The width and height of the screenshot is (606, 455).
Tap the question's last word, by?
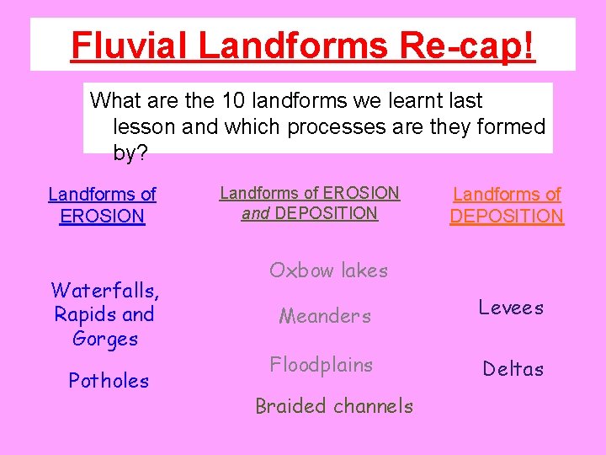[130, 153]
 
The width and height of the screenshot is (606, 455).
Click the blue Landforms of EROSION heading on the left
[102, 205]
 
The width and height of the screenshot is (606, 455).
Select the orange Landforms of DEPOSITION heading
[507, 205]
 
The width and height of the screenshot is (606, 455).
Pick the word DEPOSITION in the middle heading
[327, 214]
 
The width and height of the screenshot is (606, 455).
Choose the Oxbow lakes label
[328, 270]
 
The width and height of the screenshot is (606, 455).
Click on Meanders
[325, 317]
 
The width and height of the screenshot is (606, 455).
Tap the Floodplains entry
[321, 365]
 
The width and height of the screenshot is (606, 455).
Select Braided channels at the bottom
[334, 406]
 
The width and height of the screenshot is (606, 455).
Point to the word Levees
[511, 308]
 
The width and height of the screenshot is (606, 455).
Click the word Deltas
[513, 369]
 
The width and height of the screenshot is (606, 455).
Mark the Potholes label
[109, 381]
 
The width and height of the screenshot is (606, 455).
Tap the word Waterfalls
[104, 292]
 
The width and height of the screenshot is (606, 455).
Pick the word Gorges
[105, 340]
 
